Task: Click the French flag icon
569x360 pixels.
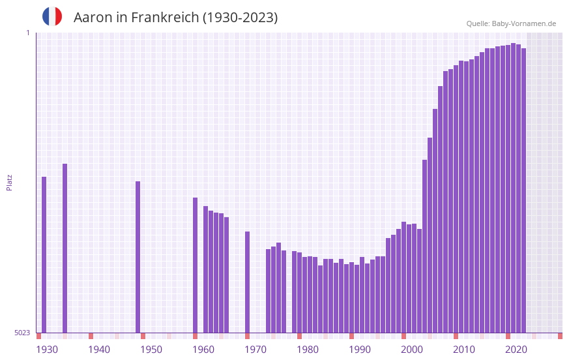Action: (x=52, y=16)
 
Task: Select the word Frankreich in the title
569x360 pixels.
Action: (x=165, y=18)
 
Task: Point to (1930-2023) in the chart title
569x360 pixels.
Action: (x=241, y=18)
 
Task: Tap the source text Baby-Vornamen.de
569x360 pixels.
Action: (x=524, y=23)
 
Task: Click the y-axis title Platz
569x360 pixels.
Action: (x=9, y=182)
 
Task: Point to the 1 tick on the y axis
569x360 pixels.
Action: (x=28, y=33)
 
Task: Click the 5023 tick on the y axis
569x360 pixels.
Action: (x=22, y=333)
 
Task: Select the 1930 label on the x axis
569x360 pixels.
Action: (x=47, y=350)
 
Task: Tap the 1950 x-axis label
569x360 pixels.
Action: (x=151, y=350)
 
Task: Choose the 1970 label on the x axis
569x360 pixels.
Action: (x=255, y=350)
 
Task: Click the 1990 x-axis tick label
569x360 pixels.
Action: (x=360, y=350)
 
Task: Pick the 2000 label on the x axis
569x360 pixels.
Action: (x=412, y=350)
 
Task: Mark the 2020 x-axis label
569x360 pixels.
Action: (x=516, y=350)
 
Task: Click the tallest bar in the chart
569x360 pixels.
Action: (x=514, y=188)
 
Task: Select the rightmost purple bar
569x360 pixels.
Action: (x=523, y=190)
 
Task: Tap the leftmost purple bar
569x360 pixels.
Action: (x=44, y=254)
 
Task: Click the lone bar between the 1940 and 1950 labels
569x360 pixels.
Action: (x=138, y=257)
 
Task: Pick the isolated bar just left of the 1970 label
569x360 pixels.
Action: (x=248, y=282)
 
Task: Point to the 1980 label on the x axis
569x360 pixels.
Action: (x=308, y=350)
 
